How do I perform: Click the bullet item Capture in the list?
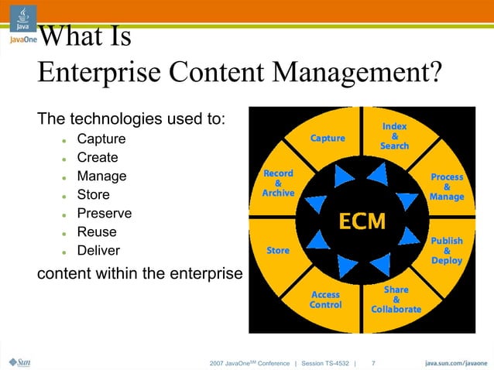pos(101,139)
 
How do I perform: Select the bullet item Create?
pos(97,158)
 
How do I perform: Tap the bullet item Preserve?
pos(104,214)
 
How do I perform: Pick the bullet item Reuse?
pos(97,232)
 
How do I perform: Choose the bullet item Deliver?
pos(98,251)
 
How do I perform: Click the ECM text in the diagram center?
pos(359,221)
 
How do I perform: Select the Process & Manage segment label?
pos(447,187)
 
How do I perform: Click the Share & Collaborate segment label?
pos(396,300)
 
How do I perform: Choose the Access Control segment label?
pos(325,300)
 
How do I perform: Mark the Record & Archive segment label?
pos(278,183)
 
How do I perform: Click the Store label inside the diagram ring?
pos(278,251)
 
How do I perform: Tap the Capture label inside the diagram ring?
pos(328,139)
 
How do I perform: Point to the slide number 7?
pos(374,362)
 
